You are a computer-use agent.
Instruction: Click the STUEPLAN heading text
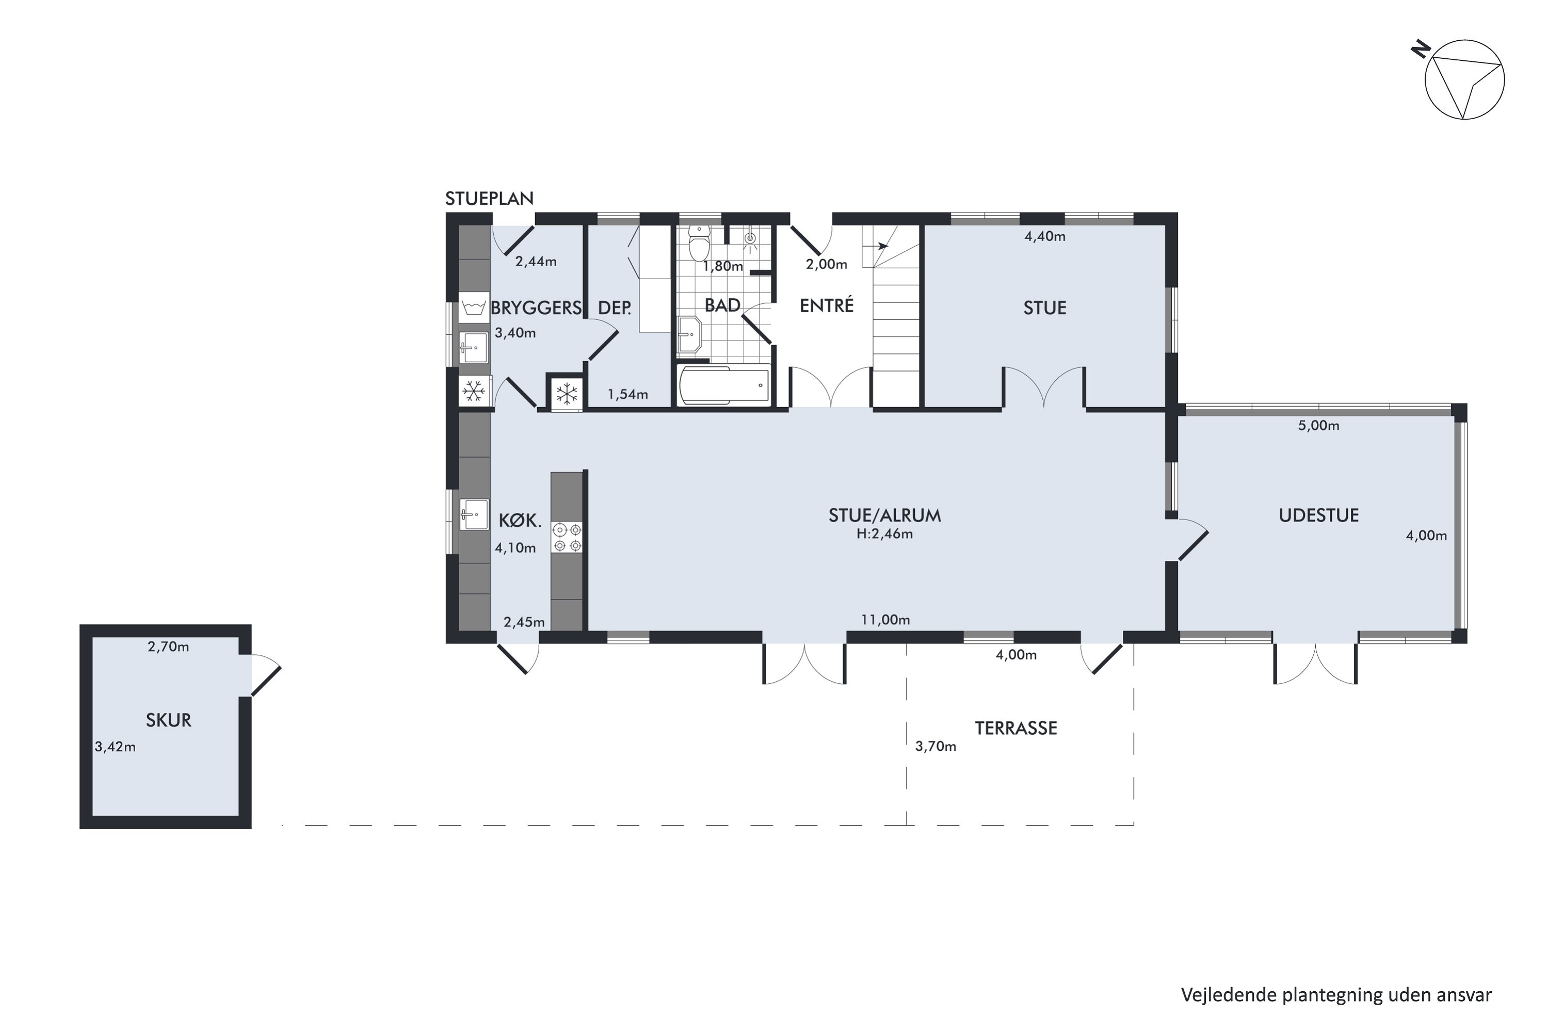[x=489, y=199]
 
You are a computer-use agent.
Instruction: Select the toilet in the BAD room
[x=698, y=241]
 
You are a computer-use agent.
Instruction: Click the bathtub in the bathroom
[x=724, y=385]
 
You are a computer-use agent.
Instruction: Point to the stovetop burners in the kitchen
[x=567, y=537]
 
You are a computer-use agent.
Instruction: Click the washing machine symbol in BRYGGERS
[x=474, y=308]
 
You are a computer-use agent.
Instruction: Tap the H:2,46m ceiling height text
[x=884, y=534]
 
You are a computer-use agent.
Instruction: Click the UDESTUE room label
[x=1318, y=515]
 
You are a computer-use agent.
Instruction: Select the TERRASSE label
[x=1016, y=728]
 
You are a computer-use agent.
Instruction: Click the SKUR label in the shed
[x=169, y=720]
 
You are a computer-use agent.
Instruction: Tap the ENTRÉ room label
[x=827, y=305]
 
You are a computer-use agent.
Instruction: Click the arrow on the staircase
[x=881, y=246]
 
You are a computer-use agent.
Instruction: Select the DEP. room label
[x=615, y=308]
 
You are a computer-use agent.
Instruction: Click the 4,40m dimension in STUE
[x=1044, y=236]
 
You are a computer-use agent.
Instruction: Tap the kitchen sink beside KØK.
[x=474, y=514]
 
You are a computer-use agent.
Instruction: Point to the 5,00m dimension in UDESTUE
[x=1318, y=426]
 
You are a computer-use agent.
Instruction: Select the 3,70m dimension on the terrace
[x=935, y=746]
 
